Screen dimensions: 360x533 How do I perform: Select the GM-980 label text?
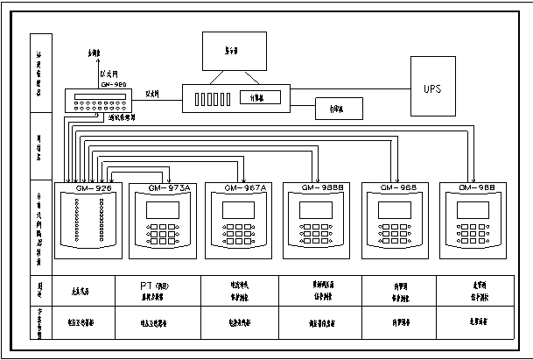point(113,84)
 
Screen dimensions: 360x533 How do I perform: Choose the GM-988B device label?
point(320,188)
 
